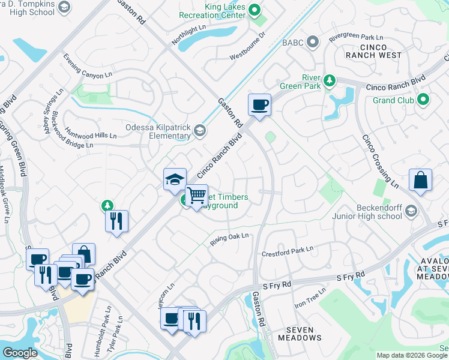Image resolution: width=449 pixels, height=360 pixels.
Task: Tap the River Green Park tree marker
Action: tap(329, 80)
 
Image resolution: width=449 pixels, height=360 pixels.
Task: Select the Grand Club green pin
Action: tap(423, 100)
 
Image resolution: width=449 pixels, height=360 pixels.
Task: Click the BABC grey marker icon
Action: tap(312, 42)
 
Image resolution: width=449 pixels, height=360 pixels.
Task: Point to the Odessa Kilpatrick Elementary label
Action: tap(149, 131)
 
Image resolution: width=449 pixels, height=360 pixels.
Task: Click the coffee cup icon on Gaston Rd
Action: tap(259, 106)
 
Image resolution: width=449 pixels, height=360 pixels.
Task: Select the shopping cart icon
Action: tap(196, 196)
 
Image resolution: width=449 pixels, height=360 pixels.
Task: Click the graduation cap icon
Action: tap(175, 179)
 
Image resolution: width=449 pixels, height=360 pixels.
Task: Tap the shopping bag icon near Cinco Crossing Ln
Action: tap(421, 181)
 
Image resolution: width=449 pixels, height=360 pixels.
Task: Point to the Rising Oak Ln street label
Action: tap(229, 239)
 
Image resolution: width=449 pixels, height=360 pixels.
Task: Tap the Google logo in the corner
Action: tap(20, 353)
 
